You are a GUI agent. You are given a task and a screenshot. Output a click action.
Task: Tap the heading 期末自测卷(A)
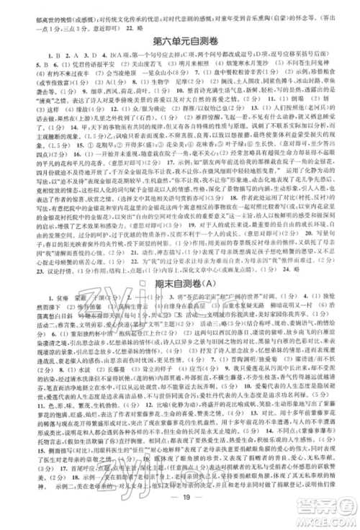point(180,283)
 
